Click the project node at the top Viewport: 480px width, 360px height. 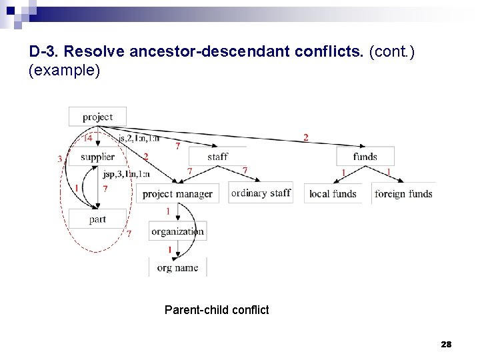click(97, 117)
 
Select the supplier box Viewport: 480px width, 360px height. click(97, 157)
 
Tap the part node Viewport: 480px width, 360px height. click(97, 219)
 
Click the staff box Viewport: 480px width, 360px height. click(217, 157)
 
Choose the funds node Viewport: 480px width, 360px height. click(365, 157)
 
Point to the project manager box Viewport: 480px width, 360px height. click(177, 194)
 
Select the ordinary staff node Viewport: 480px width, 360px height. click(261, 193)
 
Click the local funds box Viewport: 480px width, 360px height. click(333, 194)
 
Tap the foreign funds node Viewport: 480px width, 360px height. click(403, 194)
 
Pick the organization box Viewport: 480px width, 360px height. click(177, 231)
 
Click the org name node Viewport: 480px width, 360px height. click(177, 267)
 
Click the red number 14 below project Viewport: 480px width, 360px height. click(88, 139)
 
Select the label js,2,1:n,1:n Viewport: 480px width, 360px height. click(139, 139)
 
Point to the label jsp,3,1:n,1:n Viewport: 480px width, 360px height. click(127, 174)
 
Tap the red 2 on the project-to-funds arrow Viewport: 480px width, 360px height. click(305, 137)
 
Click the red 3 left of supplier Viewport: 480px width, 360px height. click(60, 159)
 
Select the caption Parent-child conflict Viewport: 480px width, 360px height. click(217, 309)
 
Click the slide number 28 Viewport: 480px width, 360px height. click(446, 345)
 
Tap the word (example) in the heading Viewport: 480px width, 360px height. click(65, 71)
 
